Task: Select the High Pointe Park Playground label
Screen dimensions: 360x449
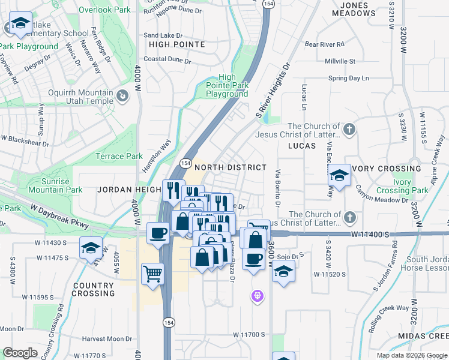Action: click(x=227, y=85)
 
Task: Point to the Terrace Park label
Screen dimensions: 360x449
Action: click(x=119, y=157)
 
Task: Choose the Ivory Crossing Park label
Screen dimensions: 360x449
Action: click(x=403, y=186)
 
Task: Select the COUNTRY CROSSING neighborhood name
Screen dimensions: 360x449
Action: click(x=93, y=289)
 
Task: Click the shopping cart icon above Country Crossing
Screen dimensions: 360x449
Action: click(x=152, y=274)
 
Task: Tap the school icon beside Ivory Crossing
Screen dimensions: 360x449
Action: click(x=339, y=175)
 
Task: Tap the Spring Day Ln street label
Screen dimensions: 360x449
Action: click(x=348, y=79)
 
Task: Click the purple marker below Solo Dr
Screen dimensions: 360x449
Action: click(x=258, y=296)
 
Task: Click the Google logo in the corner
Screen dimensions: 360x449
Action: click(x=20, y=353)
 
